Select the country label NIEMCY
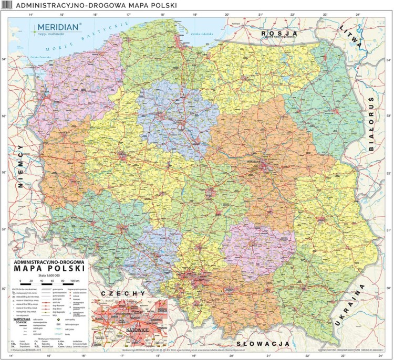22,165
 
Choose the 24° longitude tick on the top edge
358,15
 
